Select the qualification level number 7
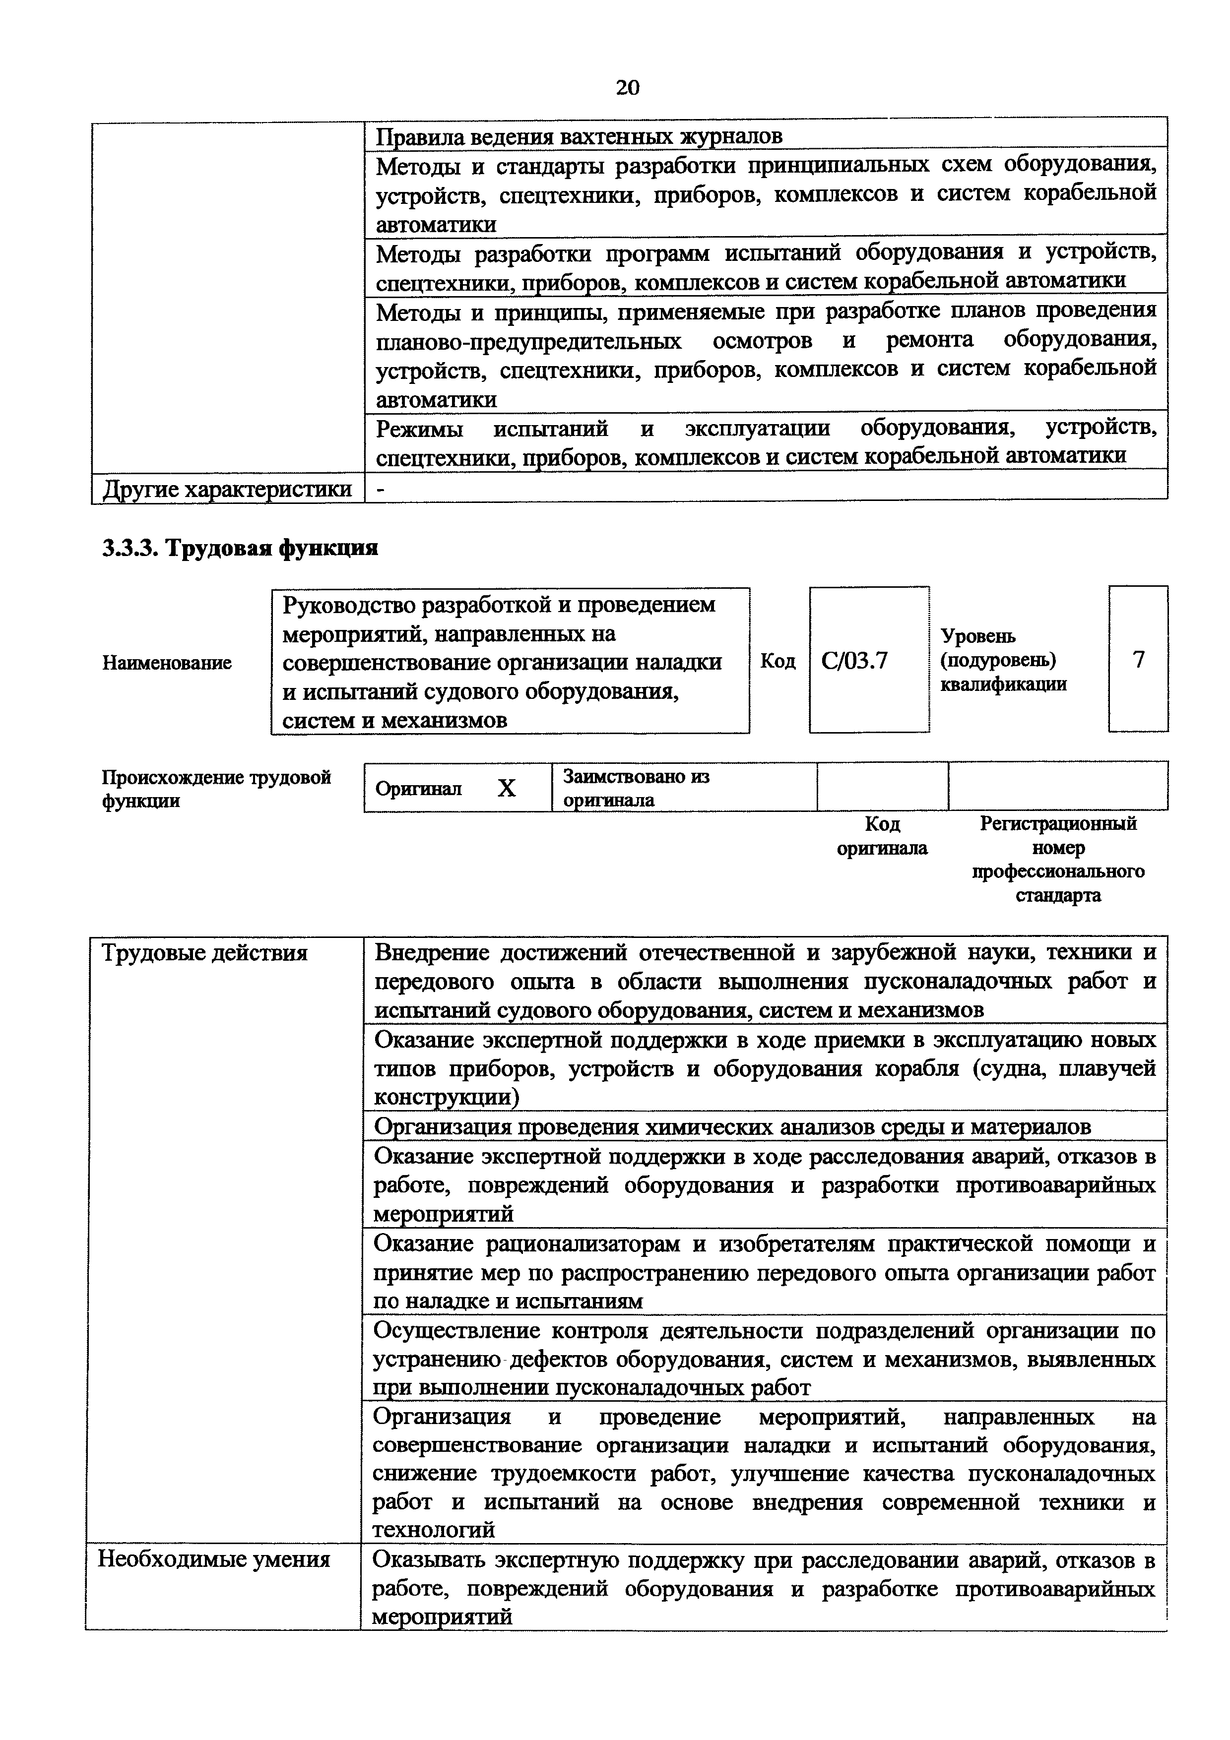[x=1138, y=659]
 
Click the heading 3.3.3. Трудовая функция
[x=240, y=548]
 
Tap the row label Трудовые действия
[x=204, y=953]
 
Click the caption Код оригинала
[x=882, y=836]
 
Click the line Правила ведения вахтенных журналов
[x=579, y=136]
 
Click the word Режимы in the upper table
[x=419, y=429]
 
